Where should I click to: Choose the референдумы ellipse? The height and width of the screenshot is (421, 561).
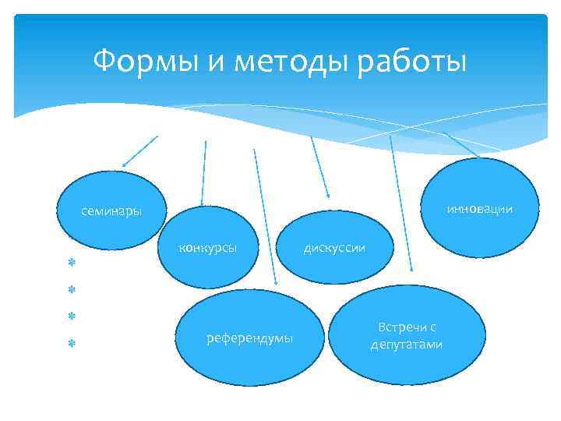point(249,338)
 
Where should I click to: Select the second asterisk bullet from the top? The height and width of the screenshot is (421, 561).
point(69,289)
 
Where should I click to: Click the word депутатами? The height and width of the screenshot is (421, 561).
point(407,345)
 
